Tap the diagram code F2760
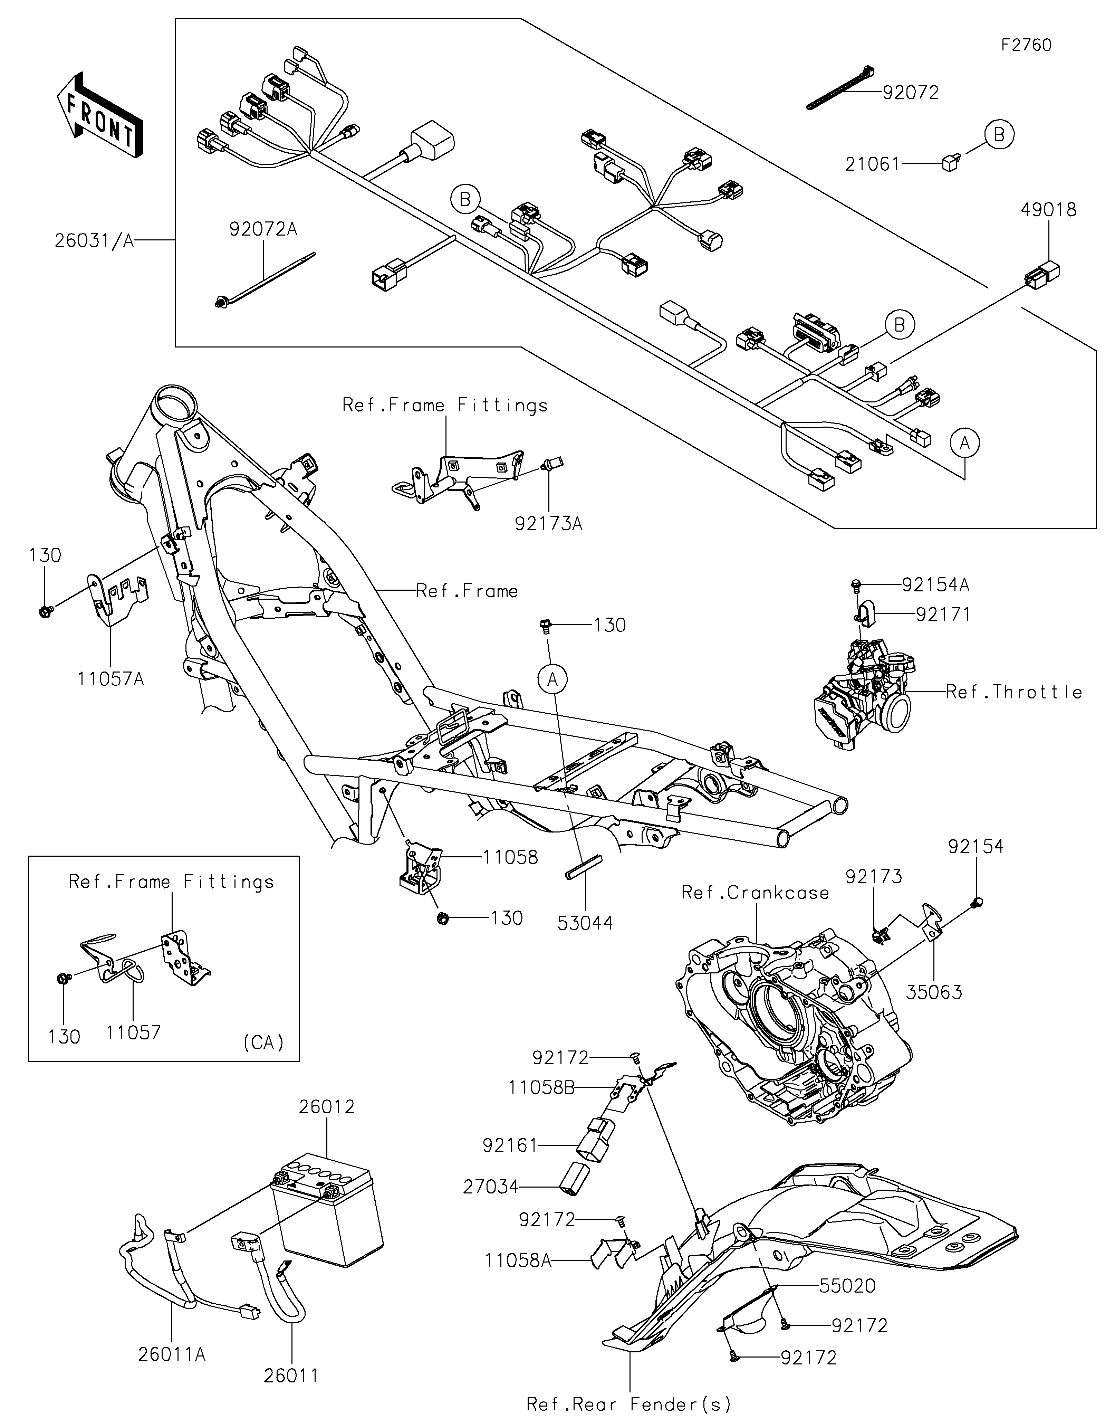click(x=1027, y=45)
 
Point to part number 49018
click(x=1049, y=210)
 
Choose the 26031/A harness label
click(x=94, y=241)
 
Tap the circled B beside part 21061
click(x=999, y=135)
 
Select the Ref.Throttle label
click(x=1014, y=692)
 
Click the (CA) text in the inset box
click(x=263, y=1042)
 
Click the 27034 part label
click(x=491, y=1186)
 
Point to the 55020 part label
click(x=847, y=1285)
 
